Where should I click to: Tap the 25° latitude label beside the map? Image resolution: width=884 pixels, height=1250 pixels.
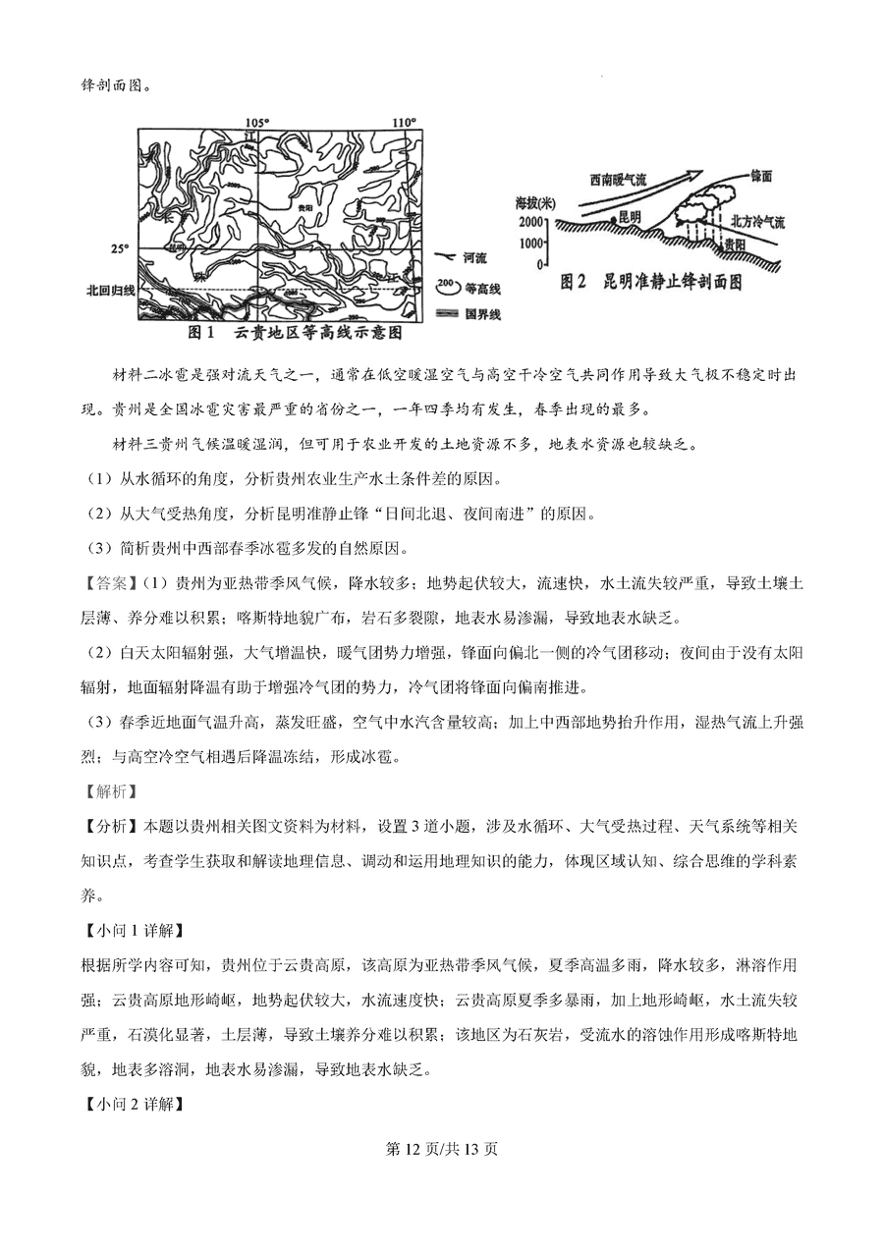coord(119,249)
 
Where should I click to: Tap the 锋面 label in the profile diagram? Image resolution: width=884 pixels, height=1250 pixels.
coord(761,175)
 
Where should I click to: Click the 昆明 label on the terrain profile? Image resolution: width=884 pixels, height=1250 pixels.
coord(630,215)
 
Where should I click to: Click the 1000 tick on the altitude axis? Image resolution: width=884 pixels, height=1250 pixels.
coord(530,243)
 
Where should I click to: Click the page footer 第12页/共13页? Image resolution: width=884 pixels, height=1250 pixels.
coord(441,1148)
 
